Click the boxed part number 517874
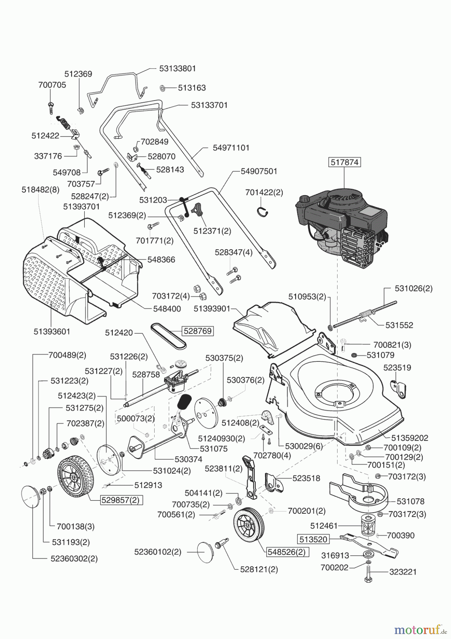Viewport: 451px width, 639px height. [x=344, y=162]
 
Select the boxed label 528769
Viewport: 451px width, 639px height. [x=197, y=331]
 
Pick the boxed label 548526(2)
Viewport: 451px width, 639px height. [x=286, y=552]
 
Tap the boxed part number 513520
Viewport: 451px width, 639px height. [x=313, y=540]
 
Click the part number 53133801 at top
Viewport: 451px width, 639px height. [x=177, y=68]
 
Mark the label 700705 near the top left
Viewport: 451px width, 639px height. [x=52, y=85]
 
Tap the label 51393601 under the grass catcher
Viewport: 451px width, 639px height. [x=52, y=331]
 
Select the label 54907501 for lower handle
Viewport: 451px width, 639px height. [x=259, y=171]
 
